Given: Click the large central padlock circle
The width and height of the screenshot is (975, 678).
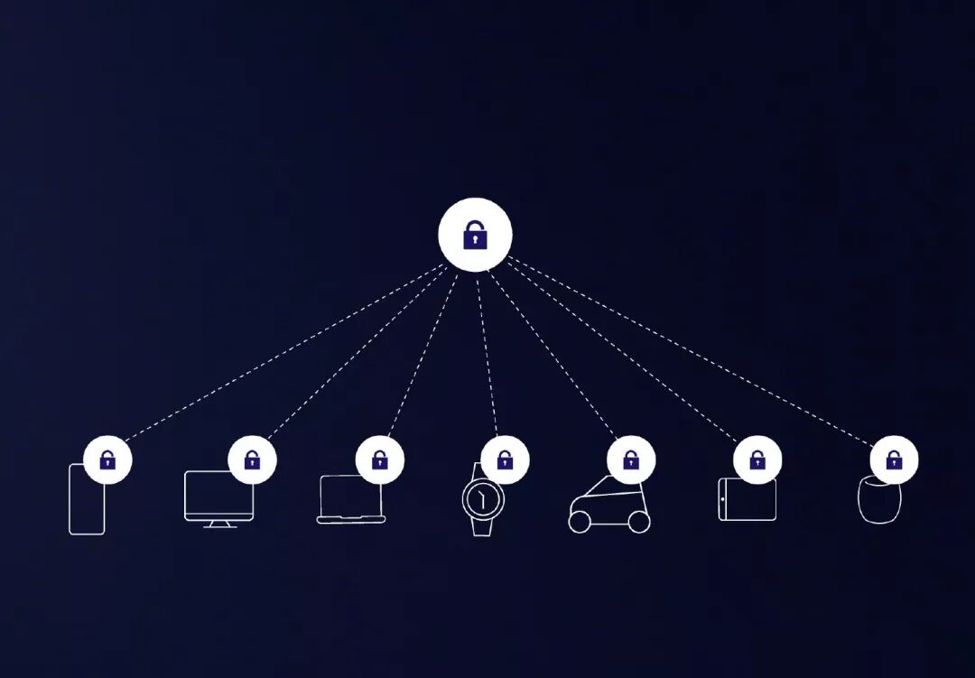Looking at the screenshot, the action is pyautogui.click(x=475, y=235).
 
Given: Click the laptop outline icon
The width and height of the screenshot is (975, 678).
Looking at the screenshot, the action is pyautogui.click(x=350, y=501).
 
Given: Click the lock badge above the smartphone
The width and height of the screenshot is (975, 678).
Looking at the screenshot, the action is pyautogui.click(x=107, y=460).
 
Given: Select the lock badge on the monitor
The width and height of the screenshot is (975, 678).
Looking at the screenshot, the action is pyautogui.click(x=252, y=460).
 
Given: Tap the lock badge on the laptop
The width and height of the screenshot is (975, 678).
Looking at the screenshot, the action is pyautogui.click(x=379, y=460).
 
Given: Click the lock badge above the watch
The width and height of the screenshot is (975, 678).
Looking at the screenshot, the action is pyautogui.click(x=505, y=460).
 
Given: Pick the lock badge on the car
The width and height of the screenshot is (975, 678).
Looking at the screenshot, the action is pyautogui.click(x=631, y=460).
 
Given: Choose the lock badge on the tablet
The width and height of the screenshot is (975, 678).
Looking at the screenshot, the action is pyautogui.click(x=757, y=460).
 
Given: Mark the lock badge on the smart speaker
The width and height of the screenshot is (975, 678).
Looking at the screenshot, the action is pyautogui.click(x=894, y=460).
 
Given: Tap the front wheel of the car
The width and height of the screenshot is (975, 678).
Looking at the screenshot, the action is pyautogui.click(x=639, y=522).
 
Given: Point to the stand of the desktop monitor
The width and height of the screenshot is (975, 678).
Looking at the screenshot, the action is pyautogui.click(x=219, y=524).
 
